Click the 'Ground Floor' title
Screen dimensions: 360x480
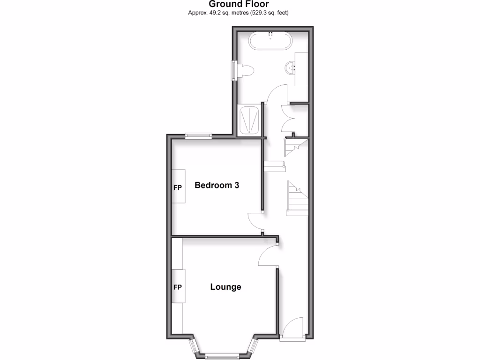(239, 4)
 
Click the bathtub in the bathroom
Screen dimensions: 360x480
(270, 41)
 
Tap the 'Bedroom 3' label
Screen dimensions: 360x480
(217, 185)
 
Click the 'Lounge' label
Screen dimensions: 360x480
(225, 287)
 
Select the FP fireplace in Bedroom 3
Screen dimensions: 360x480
(178, 187)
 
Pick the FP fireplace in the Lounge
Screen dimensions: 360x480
(178, 287)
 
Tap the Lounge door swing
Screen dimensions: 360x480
(268, 255)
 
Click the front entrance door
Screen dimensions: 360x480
(294, 327)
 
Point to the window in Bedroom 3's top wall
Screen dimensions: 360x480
(198, 136)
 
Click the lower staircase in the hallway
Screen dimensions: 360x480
(297, 199)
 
